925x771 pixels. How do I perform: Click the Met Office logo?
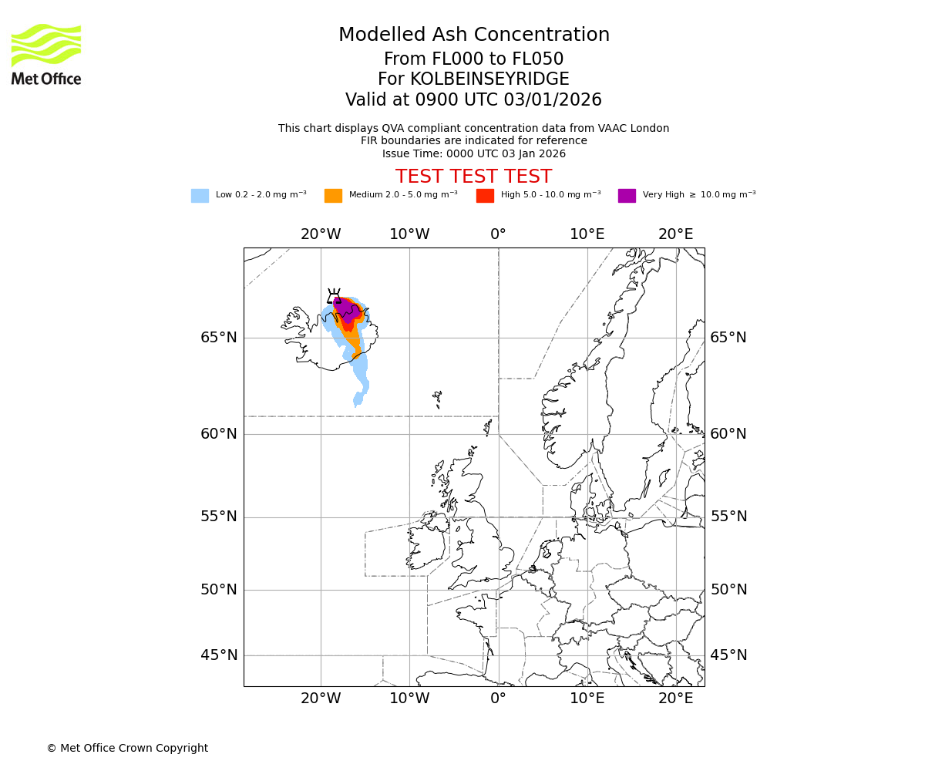click(46, 54)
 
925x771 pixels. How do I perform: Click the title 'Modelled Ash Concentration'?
click(473, 35)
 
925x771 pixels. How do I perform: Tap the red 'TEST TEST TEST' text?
click(473, 177)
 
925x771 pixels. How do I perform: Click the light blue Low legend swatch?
click(200, 196)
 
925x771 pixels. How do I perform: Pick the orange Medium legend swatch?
click(333, 196)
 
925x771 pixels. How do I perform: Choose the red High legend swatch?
click(485, 196)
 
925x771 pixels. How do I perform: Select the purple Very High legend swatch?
click(627, 196)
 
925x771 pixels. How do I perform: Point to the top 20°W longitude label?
click(321, 234)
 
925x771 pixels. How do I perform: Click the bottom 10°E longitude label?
click(587, 699)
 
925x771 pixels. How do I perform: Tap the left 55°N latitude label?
click(219, 517)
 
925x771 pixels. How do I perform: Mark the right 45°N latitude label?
click(728, 655)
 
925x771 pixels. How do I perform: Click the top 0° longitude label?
click(498, 234)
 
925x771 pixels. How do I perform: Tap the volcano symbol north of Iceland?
click(334, 296)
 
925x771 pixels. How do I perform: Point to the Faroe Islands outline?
click(438, 399)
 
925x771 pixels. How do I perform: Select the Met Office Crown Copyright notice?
click(127, 748)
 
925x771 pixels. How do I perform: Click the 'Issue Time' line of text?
click(473, 153)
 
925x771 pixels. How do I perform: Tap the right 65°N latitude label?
click(728, 338)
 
